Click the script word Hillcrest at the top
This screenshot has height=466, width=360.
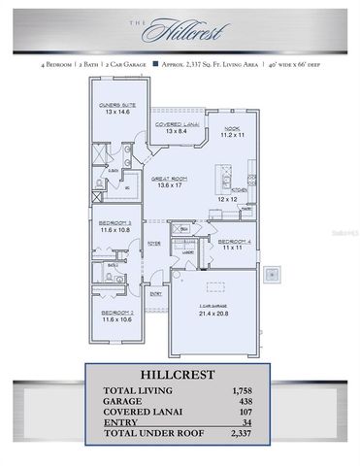point(181,33)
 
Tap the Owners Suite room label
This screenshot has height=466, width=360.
point(115,107)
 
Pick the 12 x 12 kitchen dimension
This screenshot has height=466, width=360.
point(228,199)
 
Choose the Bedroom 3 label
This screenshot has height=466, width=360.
point(115,226)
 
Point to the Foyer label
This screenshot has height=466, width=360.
point(154,245)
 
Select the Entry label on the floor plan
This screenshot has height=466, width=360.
point(155,292)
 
